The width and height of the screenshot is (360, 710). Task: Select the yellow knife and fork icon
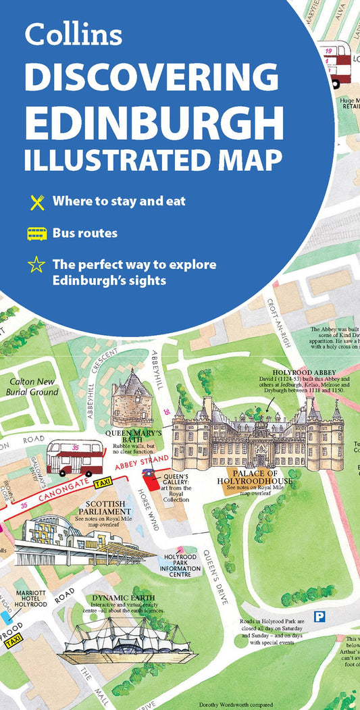pos(36,201)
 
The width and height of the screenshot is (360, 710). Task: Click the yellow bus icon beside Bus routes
pos(36,234)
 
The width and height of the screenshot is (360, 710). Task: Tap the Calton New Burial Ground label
pos(32,386)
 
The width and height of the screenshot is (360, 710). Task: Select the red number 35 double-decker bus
pos(74,458)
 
